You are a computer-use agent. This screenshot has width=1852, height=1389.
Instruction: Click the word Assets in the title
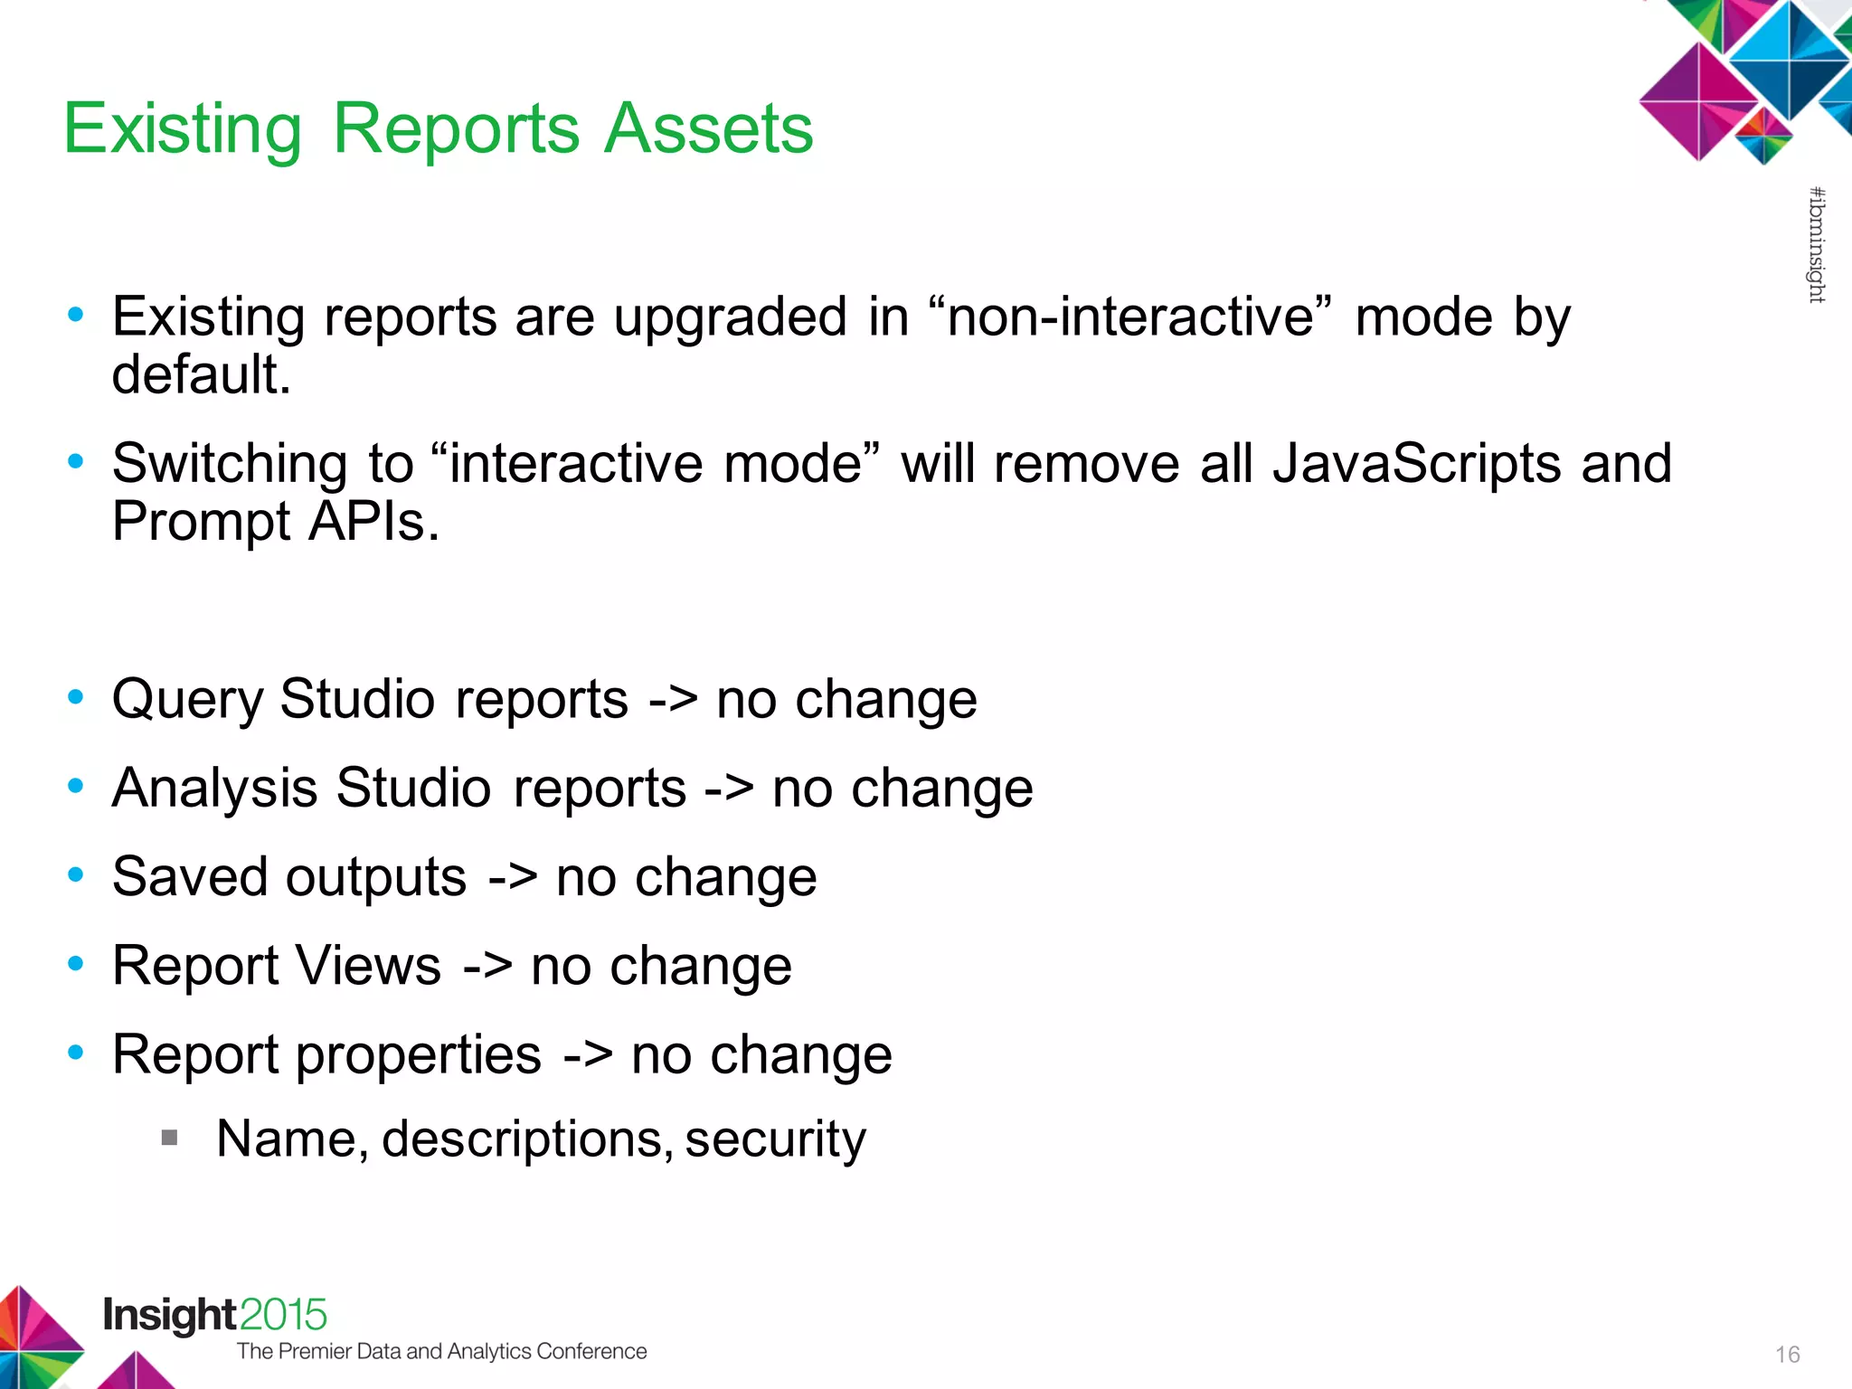click(x=708, y=128)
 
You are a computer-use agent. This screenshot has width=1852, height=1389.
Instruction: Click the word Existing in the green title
click(x=183, y=128)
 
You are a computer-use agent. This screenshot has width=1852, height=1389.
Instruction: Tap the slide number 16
click(x=1787, y=1355)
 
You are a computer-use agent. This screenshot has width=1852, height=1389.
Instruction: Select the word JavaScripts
click(x=1416, y=464)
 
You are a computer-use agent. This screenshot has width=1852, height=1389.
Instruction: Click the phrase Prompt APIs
click(x=276, y=522)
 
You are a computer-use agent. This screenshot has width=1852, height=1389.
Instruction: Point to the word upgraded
click(x=730, y=317)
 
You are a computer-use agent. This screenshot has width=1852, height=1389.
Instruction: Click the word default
click(x=201, y=374)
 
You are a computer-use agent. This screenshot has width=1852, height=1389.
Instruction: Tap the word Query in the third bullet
click(x=187, y=700)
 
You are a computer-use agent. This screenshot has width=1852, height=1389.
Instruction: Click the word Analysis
click(x=214, y=788)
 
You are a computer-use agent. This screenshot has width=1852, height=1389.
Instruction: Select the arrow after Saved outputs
click(x=513, y=877)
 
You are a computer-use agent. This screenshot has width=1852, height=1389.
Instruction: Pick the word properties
click(x=418, y=1054)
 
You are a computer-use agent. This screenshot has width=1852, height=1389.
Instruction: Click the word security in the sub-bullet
click(x=775, y=1139)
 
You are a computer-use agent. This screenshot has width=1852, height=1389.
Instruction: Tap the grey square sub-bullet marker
click(x=169, y=1137)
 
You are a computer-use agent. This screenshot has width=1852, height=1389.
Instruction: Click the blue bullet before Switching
click(x=76, y=461)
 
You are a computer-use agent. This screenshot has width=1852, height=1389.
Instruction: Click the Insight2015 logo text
click(x=214, y=1315)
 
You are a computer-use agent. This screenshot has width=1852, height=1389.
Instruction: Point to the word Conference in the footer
click(x=591, y=1351)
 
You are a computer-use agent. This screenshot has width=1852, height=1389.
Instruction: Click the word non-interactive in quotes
click(x=1130, y=317)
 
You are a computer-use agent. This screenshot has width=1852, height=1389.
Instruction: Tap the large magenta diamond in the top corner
click(x=1698, y=101)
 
